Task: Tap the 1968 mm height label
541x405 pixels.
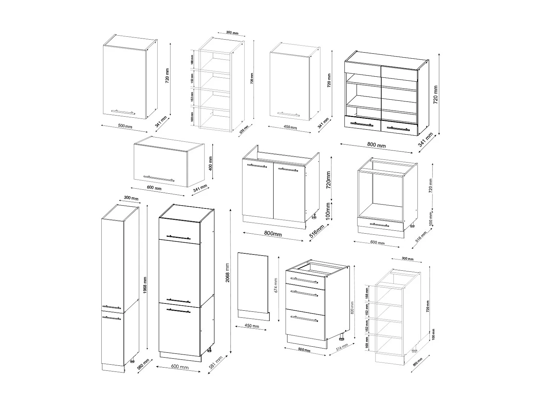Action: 145,285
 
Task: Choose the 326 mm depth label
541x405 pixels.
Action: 245,129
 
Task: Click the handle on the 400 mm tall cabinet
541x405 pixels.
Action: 159,178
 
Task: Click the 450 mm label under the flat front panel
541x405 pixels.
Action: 252,326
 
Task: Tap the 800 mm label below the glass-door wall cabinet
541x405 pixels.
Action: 376,145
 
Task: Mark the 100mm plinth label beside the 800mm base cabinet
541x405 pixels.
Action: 328,211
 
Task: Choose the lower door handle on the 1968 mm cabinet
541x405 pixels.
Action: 111,318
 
